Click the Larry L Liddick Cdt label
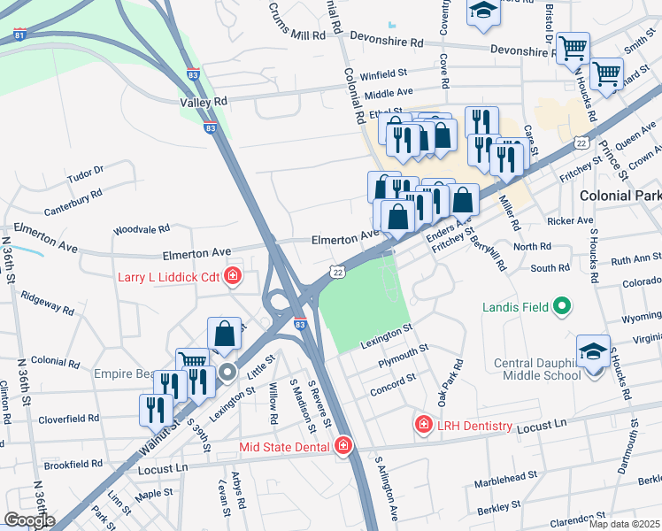(x=168, y=277)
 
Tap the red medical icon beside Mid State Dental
(x=343, y=446)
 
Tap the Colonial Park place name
(x=620, y=195)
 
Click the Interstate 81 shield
(x=19, y=35)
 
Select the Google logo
(x=28, y=520)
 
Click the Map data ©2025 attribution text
(x=625, y=524)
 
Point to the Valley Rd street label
(x=203, y=103)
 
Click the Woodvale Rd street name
(x=140, y=230)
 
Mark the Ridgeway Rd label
(x=48, y=303)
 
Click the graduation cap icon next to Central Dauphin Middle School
(x=593, y=350)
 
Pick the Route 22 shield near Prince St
(x=581, y=142)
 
